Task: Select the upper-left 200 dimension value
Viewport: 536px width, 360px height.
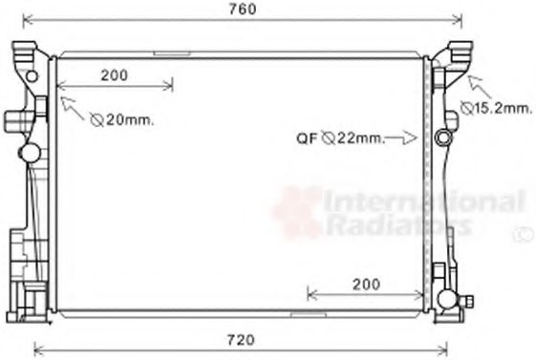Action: [115, 75]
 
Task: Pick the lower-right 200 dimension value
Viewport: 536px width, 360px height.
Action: [364, 284]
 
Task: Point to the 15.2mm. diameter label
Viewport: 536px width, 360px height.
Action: [496, 109]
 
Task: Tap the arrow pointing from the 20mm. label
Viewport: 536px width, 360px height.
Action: [72, 106]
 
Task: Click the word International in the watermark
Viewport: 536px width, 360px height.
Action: [424, 201]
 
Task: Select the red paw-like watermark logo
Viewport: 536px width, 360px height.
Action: [297, 212]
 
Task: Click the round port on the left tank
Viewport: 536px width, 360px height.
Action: [30, 152]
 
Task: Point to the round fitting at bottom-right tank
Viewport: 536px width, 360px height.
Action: [446, 301]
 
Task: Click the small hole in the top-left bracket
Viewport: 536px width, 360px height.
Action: [32, 74]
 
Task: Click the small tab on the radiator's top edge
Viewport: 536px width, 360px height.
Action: [172, 54]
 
